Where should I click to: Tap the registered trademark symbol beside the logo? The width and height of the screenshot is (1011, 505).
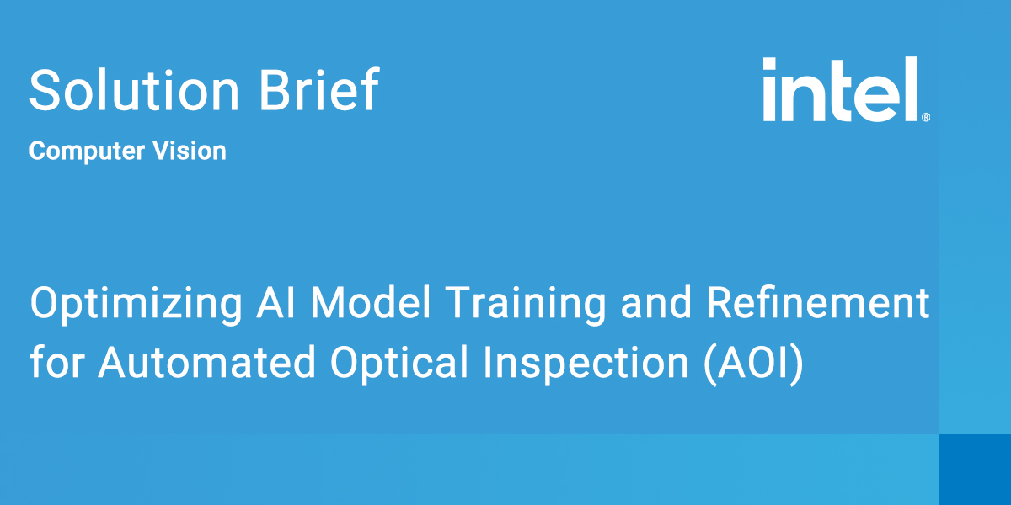pyautogui.click(x=926, y=117)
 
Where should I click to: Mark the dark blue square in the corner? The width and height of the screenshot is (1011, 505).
pyautogui.click(x=975, y=470)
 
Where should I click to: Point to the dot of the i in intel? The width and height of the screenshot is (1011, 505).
pyautogui.click(x=769, y=64)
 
